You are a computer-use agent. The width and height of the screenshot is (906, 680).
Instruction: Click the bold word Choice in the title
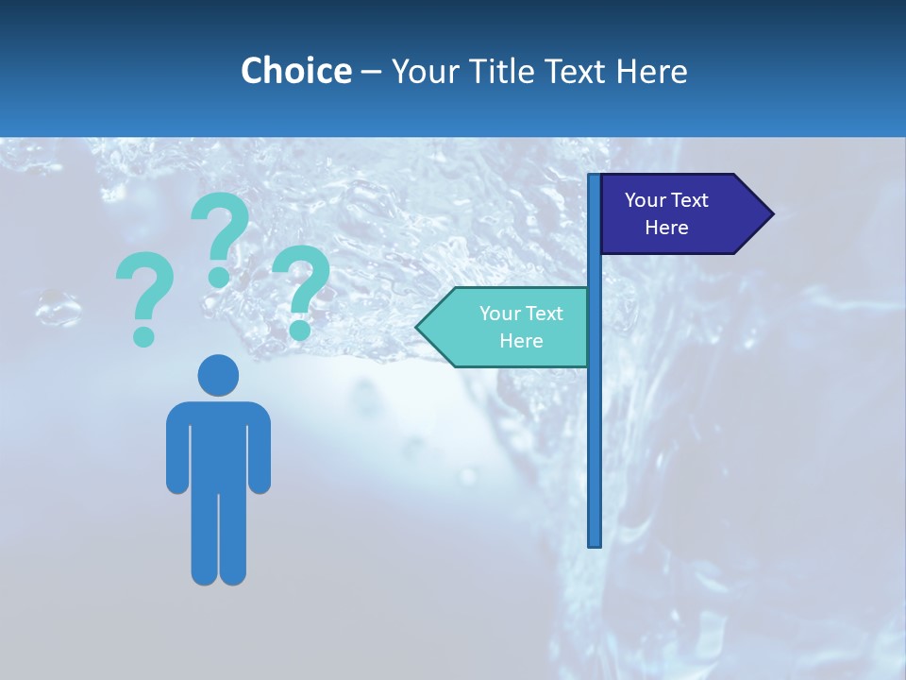[295, 71]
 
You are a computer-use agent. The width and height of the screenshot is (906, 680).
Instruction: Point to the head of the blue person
[218, 375]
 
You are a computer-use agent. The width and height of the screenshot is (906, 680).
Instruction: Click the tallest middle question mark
[220, 236]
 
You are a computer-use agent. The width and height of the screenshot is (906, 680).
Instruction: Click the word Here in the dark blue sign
[666, 228]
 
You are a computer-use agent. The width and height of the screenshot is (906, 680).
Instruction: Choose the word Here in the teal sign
[521, 341]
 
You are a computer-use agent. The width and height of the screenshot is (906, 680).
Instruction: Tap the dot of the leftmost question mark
[143, 335]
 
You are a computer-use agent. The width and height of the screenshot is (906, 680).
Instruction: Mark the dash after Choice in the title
[371, 72]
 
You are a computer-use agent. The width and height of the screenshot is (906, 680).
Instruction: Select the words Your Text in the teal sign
[521, 314]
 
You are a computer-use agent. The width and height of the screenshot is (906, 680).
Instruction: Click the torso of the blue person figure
[218, 439]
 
